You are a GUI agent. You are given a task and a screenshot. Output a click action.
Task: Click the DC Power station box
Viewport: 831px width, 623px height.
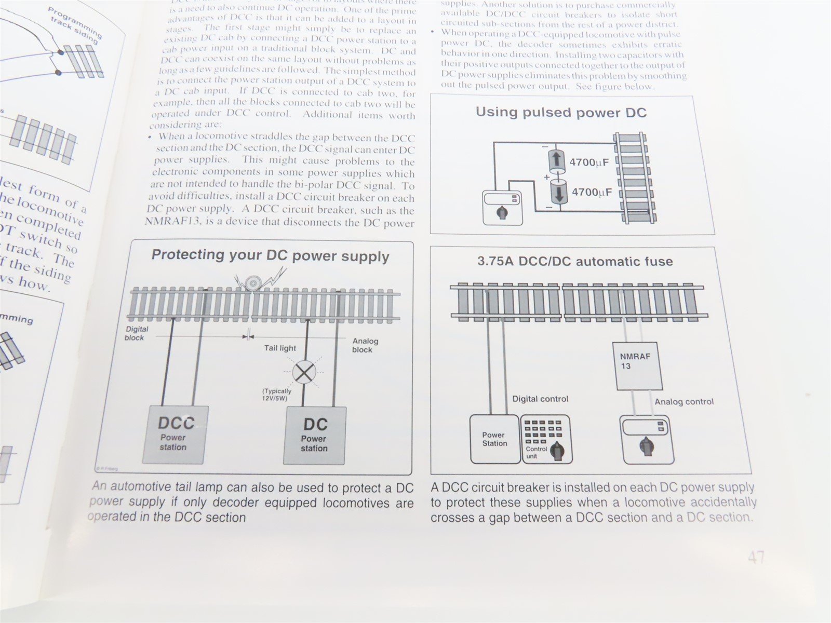(315, 435)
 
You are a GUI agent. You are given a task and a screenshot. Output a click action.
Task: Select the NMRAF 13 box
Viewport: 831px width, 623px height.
(639, 365)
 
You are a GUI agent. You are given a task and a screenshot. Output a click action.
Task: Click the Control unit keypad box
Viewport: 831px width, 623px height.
(545, 439)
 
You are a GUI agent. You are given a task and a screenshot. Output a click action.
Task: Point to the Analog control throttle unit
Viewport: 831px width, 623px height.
(647, 439)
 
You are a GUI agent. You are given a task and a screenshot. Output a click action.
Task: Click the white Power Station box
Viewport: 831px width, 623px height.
(494, 439)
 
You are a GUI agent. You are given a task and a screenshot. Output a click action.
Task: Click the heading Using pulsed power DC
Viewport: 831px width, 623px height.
(561, 113)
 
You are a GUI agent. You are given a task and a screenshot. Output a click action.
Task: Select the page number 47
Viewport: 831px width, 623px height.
(756, 558)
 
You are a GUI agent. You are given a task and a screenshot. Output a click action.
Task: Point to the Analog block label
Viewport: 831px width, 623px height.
(365, 345)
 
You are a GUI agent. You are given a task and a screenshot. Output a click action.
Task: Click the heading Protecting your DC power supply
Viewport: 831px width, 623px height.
(270, 255)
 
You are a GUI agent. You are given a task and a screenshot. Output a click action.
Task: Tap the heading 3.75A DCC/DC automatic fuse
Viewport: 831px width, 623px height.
(575, 261)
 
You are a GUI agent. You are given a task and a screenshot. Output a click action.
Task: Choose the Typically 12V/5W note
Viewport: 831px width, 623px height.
(276, 395)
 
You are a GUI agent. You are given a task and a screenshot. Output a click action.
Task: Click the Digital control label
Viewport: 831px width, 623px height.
(540, 399)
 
